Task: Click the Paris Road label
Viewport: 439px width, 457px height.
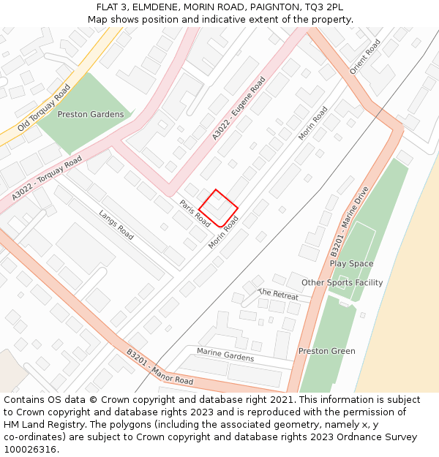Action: [195, 213]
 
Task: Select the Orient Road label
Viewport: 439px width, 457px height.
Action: [365, 57]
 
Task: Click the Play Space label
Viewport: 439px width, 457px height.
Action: [351, 264]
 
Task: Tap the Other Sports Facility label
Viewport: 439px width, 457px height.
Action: [342, 283]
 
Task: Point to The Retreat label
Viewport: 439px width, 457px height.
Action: [278, 294]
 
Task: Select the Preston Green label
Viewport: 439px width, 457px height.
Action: [326, 352]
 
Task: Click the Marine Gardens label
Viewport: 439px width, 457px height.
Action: [225, 355]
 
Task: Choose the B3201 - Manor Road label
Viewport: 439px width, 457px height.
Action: [160, 367]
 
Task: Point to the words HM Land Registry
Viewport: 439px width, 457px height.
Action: [37, 424]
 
